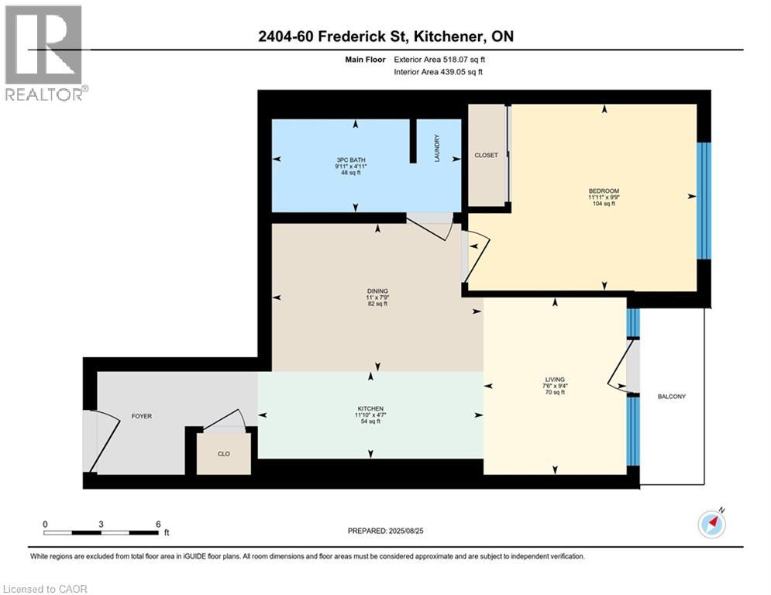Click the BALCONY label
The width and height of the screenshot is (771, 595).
(x=671, y=397)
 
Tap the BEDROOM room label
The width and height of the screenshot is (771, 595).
(x=604, y=191)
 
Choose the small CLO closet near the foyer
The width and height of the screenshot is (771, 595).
(x=223, y=454)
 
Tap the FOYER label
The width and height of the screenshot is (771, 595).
(x=141, y=416)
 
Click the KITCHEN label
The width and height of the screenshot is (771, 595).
(x=370, y=408)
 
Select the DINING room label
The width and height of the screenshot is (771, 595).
(x=377, y=291)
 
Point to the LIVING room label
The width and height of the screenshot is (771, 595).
(x=555, y=379)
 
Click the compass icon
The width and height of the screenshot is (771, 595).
(x=712, y=524)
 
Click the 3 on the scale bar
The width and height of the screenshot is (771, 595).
(x=101, y=524)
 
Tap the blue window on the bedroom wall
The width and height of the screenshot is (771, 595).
(x=703, y=201)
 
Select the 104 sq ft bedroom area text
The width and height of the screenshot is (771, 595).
(x=604, y=204)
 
